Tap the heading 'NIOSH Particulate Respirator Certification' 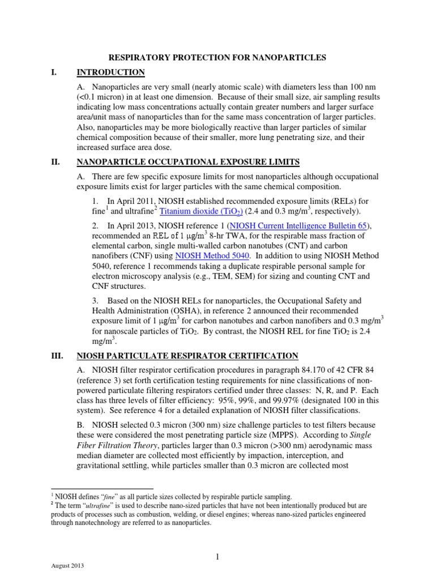coord(187,355)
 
